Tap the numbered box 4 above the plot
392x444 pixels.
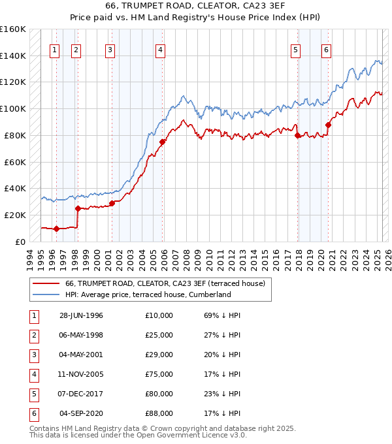pyautogui.click(x=160, y=50)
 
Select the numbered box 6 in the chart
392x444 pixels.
pyautogui.click(x=325, y=50)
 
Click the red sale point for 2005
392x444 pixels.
pyautogui.click(x=162, y=142)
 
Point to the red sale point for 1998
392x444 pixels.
pyautogui.click(x=78, y=209)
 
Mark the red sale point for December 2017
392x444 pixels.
pyautogui.click(x=298, y=136)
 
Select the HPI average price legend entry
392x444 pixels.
pyautogui.click(x=148, y=294)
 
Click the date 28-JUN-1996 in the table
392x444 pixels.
pyautogui.click(x=81, y=315)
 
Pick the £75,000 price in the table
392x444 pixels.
pyautogui.click(x=159, y=375)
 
